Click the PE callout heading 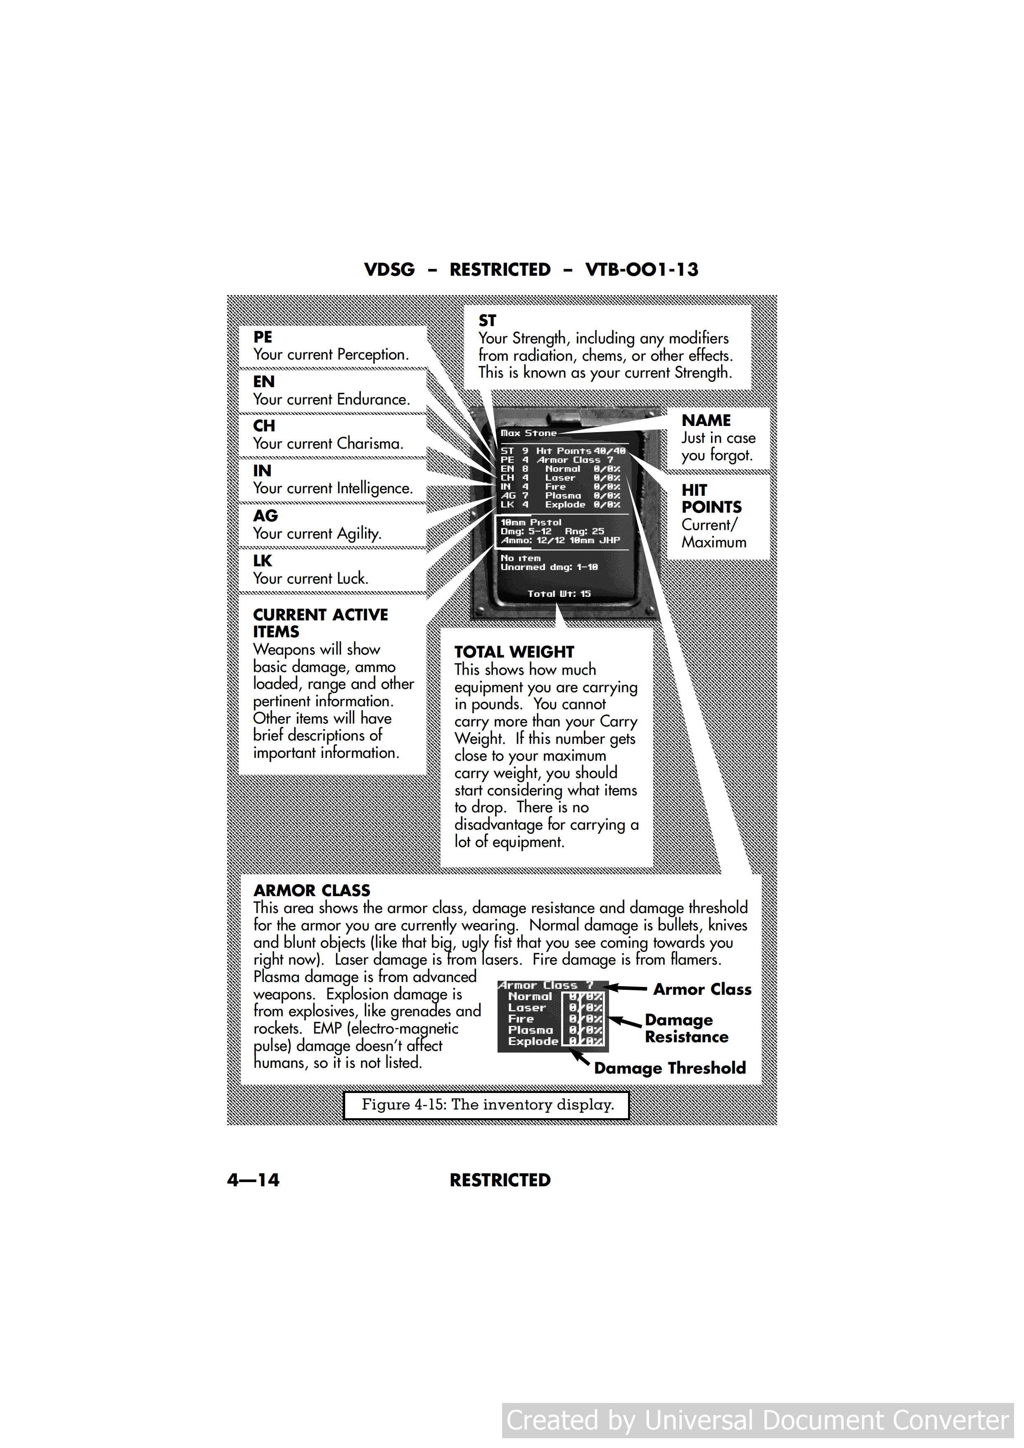tap(263, 337)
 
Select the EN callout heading tap(264, 381)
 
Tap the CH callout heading tap(264, 426)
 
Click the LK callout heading tap(263, 561)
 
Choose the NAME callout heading tap(706, 420)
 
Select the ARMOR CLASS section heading tap(312, 890)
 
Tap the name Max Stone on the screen tap(528, 433)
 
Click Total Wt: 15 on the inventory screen tap(559, 594)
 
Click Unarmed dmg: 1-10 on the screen tap(549, 567)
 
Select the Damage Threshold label tap(669, 1068)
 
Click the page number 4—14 tap(253, 1180)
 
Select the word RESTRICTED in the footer tap(500, 1180)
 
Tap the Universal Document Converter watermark tap(757, 1420)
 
